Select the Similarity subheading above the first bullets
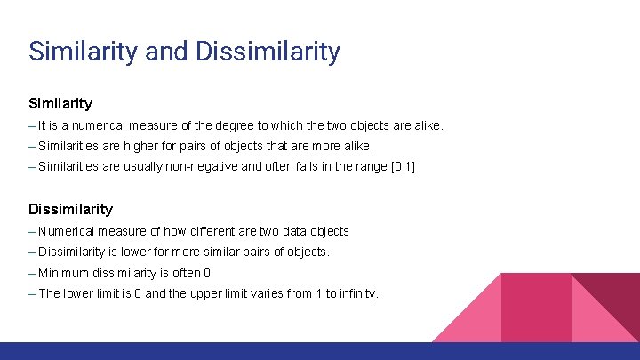[x=60, y=103]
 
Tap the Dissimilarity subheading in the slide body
[x=71, y=209]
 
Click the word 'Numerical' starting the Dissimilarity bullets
[x=66, y=231]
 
